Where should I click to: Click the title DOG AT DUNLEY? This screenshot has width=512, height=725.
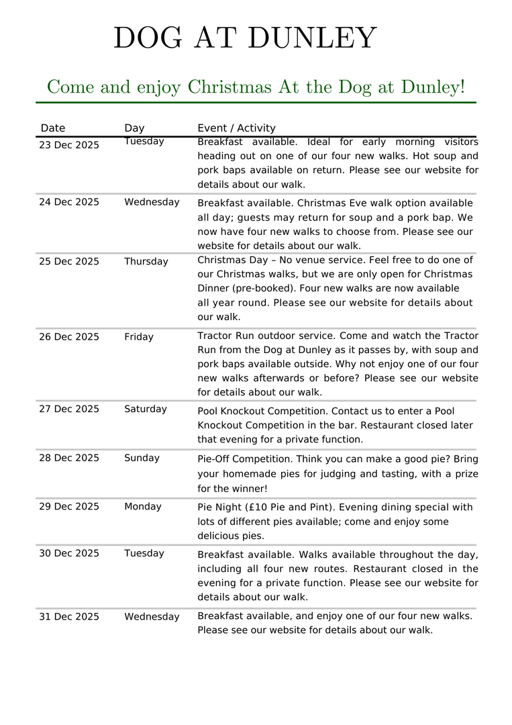[x=245, y=38]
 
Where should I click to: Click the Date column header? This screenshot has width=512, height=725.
[x=53, y=128]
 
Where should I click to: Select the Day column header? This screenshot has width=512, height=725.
[x=134, y=128]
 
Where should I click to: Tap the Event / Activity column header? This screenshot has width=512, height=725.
[x=236, y=128]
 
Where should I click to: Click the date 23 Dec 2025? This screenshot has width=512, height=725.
[x=68, y=145]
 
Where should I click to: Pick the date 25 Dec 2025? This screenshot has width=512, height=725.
[x=68, y=262]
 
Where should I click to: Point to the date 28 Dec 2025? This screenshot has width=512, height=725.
[x=68, y=458]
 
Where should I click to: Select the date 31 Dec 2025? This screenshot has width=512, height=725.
[x=68, y=617]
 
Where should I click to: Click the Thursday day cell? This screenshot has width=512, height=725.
[x=146, y=262]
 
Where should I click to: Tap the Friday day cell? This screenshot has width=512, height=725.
[x=138, y=337]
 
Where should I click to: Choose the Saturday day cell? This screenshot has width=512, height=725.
[x=145, y=409]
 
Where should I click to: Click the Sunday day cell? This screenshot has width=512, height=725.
[x=142, y=458]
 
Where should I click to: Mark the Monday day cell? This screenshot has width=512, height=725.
[x=142, y=507]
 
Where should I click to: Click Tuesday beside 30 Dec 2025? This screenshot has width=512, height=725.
[x=144, y=553]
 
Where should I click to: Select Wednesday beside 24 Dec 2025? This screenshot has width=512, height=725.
[x=152, y=202]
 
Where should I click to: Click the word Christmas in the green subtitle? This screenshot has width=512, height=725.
[x=229, y=87]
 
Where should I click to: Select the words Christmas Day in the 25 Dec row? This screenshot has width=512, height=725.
[x=229, y=260]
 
